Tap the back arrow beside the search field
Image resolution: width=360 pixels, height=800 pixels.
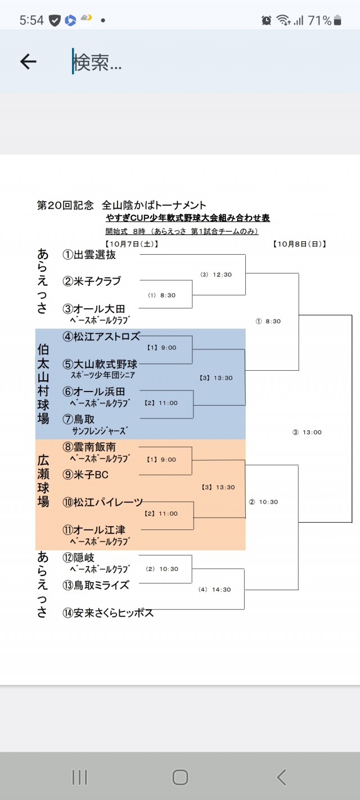28,62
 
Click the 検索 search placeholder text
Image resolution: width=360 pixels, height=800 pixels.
97,63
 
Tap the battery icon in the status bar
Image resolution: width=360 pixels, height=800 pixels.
337,21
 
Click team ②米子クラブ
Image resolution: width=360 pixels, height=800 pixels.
91,281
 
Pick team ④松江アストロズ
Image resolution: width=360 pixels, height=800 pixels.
101,337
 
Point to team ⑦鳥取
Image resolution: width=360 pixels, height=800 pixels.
78,419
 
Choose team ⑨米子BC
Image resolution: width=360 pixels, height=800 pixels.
85,475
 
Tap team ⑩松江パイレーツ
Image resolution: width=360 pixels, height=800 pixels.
102,502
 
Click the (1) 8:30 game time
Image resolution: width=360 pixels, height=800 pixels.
162,295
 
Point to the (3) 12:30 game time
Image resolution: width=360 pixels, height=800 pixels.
216,275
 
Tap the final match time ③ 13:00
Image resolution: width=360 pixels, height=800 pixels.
307,433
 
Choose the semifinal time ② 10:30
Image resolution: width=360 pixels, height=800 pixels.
263,502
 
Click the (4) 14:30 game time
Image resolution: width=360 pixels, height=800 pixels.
214,590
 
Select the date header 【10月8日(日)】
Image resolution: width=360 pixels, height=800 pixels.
300,244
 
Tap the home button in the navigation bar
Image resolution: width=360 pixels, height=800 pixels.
180,777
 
